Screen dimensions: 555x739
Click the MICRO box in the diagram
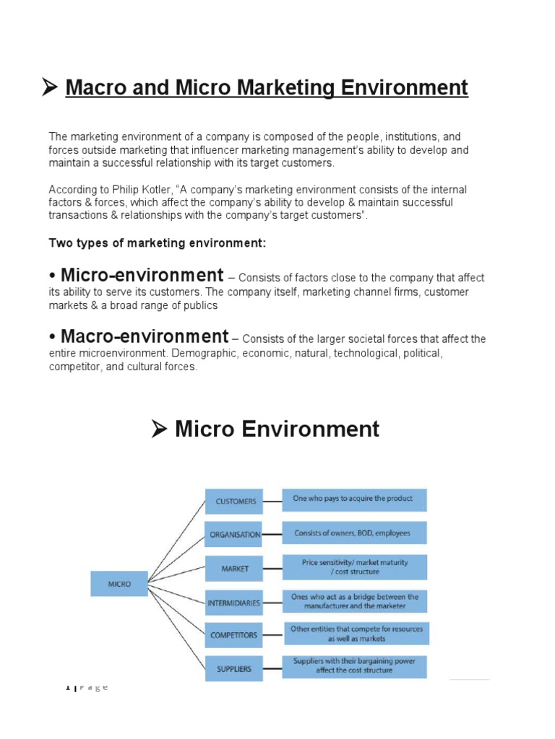[119, 583]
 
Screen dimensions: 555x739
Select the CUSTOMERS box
[235, 501]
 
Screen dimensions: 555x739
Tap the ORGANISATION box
[235, 535]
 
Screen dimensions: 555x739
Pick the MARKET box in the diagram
[235, 569]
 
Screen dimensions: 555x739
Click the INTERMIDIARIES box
[235, 601]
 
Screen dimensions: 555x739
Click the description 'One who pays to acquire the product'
[353, 499]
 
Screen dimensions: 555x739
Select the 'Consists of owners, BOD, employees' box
[353, 533]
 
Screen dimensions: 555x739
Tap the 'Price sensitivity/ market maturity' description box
[354, 567]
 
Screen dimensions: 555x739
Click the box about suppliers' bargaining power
[354, 666]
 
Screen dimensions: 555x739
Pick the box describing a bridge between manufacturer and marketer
[354, 601]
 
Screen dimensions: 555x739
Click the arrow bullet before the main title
[49, 89]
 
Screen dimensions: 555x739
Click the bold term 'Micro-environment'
[142, 276]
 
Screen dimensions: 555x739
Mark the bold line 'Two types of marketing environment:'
[158, 243]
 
